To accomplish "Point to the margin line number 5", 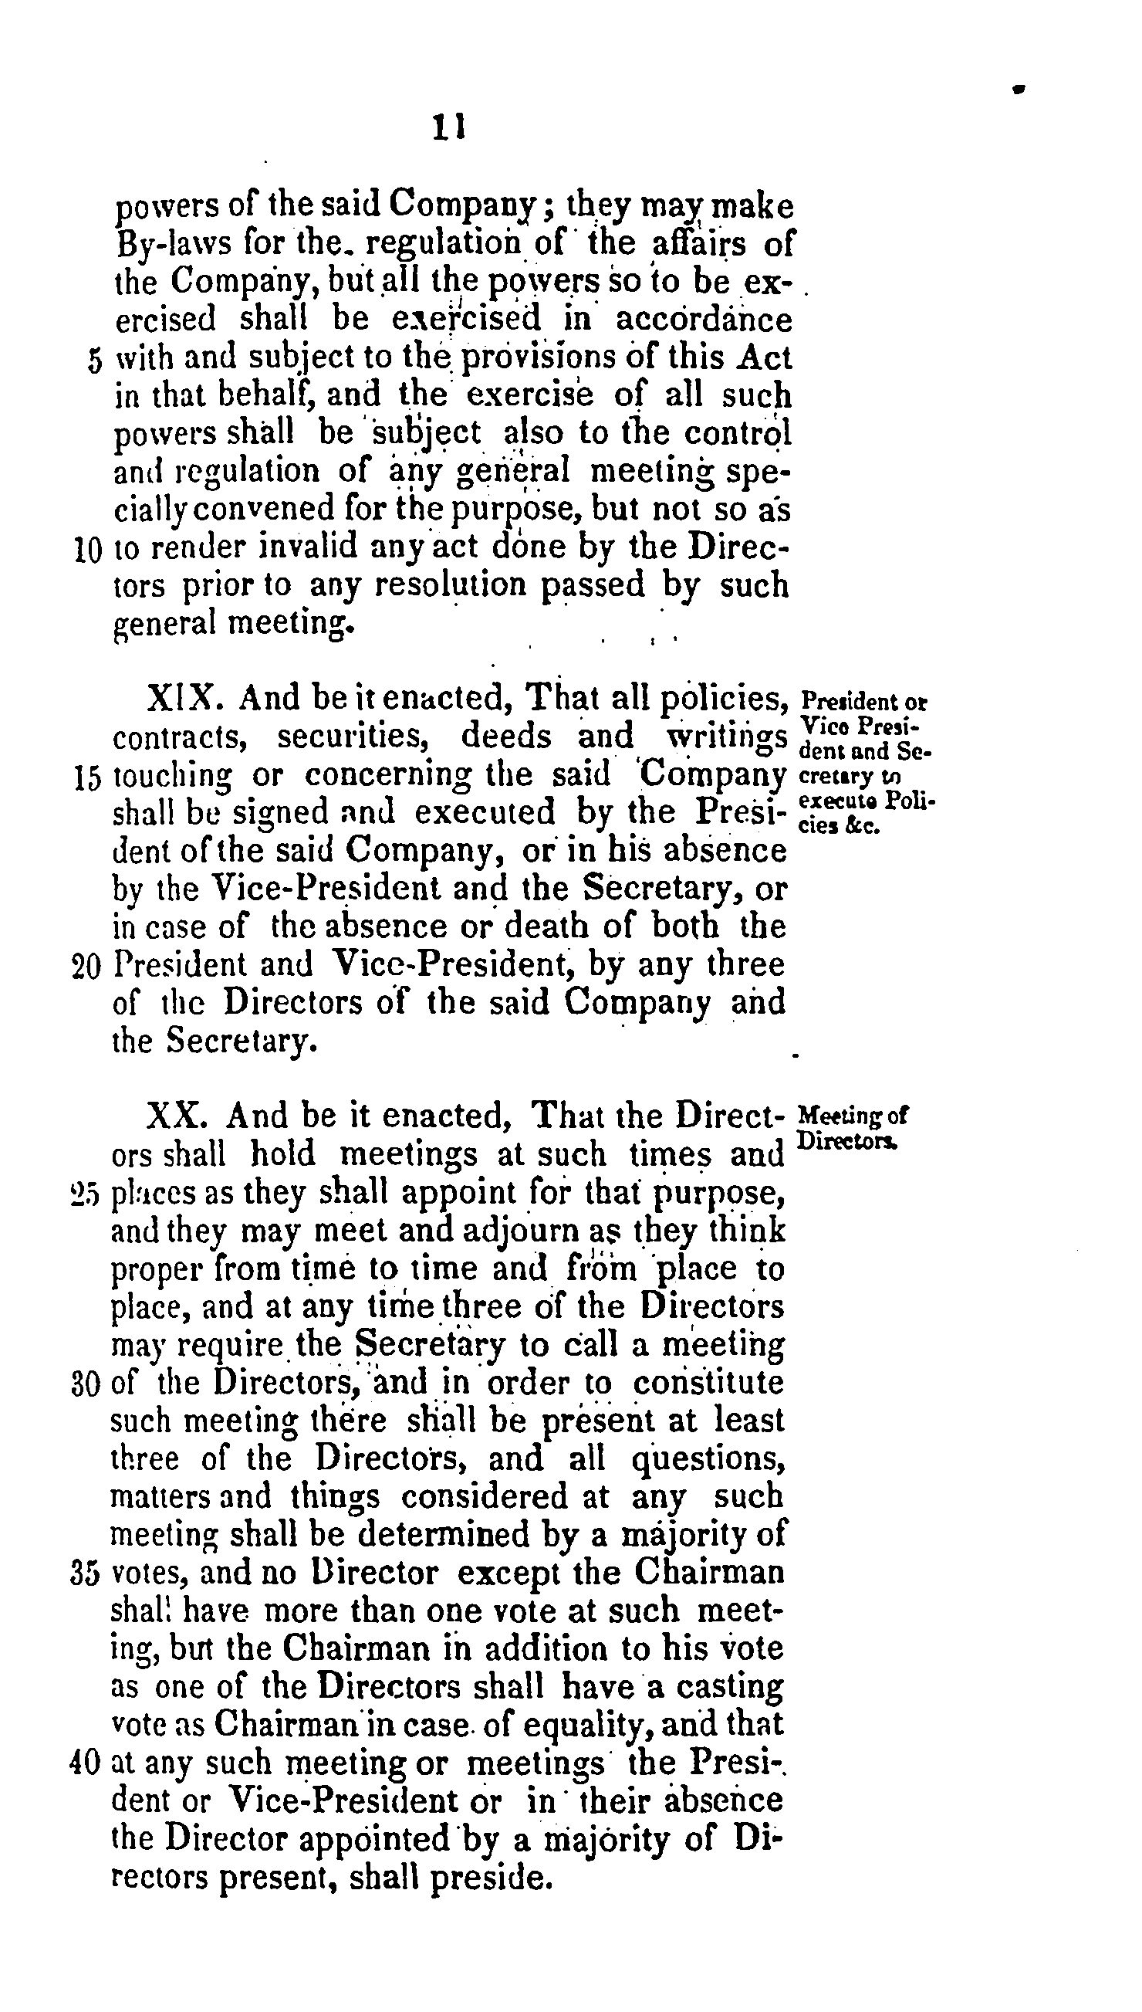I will point(94,361).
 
